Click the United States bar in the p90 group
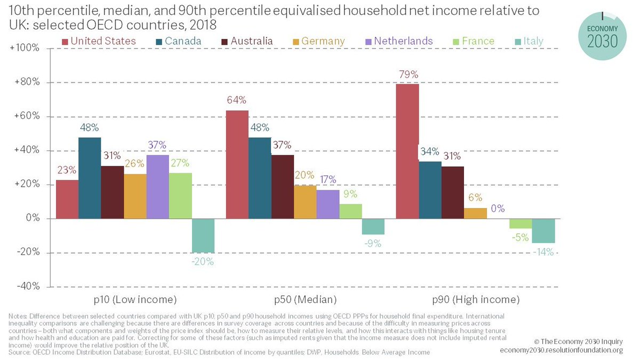[x=407, y=151]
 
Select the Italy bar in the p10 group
[x=203, y=235]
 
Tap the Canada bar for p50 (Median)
[x=260, y=178]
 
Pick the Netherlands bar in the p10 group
[x=158, y=187]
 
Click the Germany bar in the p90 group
[x=475, y=213]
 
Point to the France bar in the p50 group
[x=350, y=211]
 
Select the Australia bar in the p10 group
[x=112, y=192]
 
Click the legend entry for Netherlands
[x=403, y=41]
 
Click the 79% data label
[x=407, y=74]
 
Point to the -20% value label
[x=203, y=262]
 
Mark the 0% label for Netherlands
[x=498, y=209]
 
